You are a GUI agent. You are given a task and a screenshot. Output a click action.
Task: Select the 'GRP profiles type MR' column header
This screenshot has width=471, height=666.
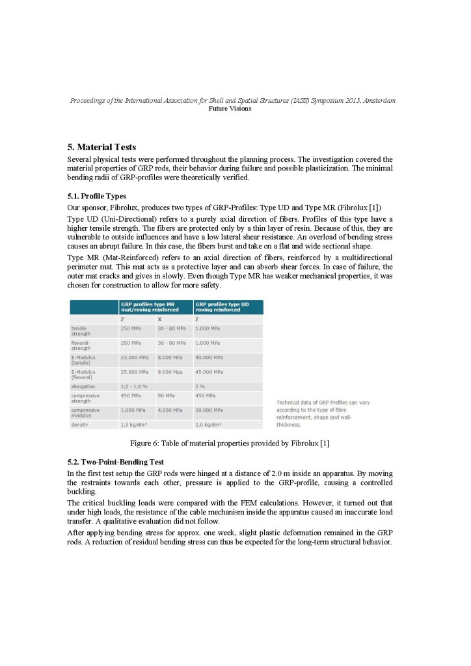click(x=148, y=307)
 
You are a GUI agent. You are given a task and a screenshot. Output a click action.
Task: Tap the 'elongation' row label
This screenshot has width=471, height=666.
click(x=83, y=386)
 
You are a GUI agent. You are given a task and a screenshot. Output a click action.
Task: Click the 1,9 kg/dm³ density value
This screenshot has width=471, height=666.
click(x=133, y=425)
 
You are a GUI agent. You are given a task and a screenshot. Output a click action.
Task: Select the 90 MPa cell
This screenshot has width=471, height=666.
click(x=165, y=395)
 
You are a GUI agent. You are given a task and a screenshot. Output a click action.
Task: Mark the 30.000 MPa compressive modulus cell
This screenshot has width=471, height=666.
click(x=209, y=410)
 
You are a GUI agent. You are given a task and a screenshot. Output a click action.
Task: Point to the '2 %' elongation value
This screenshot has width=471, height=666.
click(x=200, y=386)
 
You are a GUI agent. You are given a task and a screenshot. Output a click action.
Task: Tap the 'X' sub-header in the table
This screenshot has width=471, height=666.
click(x=160, y=319)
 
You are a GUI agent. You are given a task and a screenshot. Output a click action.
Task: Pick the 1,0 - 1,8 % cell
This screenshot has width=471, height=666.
click(x=135, y=386)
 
